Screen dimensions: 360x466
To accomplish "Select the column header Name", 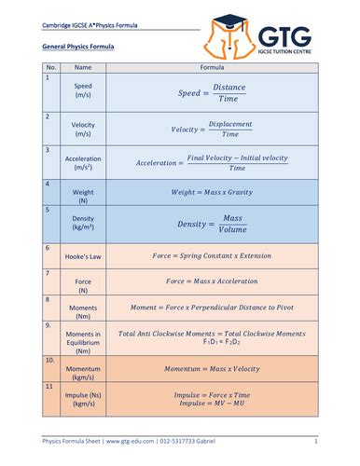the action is pyautogui.click(x=83, y=68).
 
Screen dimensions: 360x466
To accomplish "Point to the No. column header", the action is pyautogui.click(x=52, y=68).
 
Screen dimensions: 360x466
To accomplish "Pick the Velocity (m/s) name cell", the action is pyautogui.click(x=83, y=129).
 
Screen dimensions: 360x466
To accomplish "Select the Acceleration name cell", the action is pyautogui.click(x=83, y=163).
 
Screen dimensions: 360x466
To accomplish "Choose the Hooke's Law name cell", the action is pyautogui.click(x=83, y=255).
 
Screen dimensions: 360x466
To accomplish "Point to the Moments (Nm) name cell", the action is pyautogui.click(x=83, y=308).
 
